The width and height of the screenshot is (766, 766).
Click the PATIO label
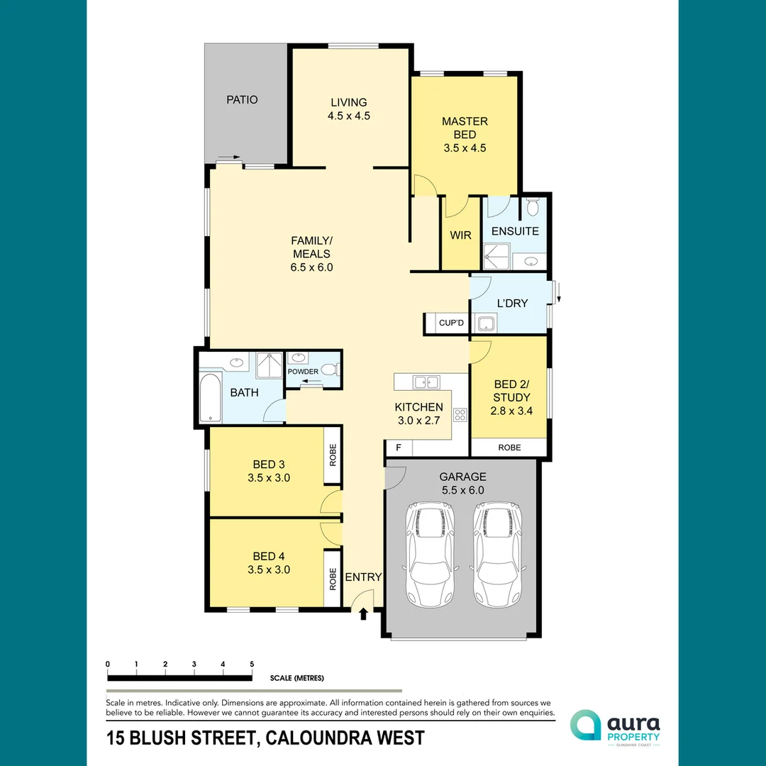242,100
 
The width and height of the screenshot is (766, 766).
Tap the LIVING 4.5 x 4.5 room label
348,109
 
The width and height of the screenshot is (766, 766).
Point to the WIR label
460,235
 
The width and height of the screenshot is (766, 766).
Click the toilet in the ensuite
533,208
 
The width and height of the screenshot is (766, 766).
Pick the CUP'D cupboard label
451,323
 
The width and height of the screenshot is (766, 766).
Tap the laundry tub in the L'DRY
487,324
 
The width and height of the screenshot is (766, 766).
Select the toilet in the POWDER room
329,370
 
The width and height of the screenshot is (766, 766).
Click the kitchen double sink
424,382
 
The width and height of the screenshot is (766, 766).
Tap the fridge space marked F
398,449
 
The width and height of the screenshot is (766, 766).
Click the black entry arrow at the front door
363,614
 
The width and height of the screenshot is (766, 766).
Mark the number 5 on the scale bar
252,665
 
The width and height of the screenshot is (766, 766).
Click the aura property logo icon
585,726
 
